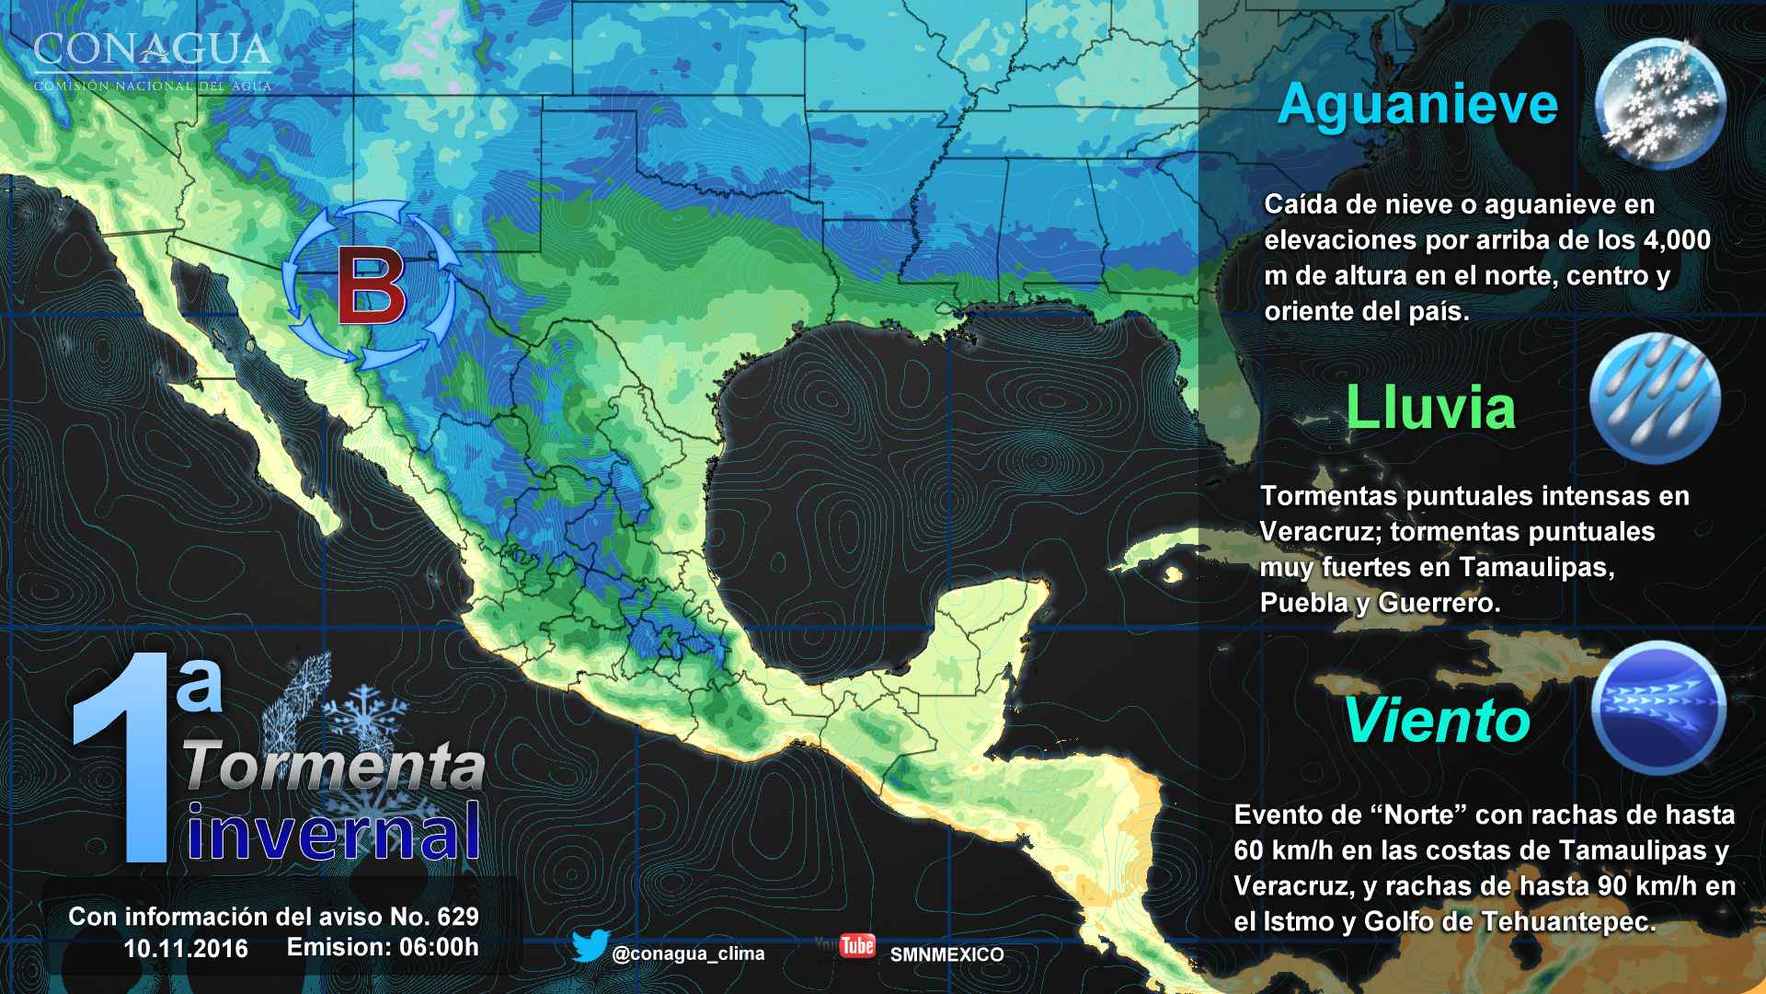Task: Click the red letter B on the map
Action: pyautogui.click(x=372, y=287)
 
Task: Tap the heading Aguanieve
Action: pyautogui.click(x=1417, y=104)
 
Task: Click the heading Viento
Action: pyautogui.click(x=1437, y=721)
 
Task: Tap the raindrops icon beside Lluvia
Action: pyautogui.click(x=1654, y=398)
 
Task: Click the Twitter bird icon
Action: pyautogui.click(x=590, y=947)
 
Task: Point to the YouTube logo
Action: pyautogui.click(x=857, y=945)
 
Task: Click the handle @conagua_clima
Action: pyautogui.click(x=687, y=954)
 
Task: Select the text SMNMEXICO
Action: pyautogui.click(x=946, y=954)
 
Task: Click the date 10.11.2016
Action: pyautogui.click(x=186, y=948)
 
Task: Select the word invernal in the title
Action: pyautogui.click(x=335, y=830)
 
